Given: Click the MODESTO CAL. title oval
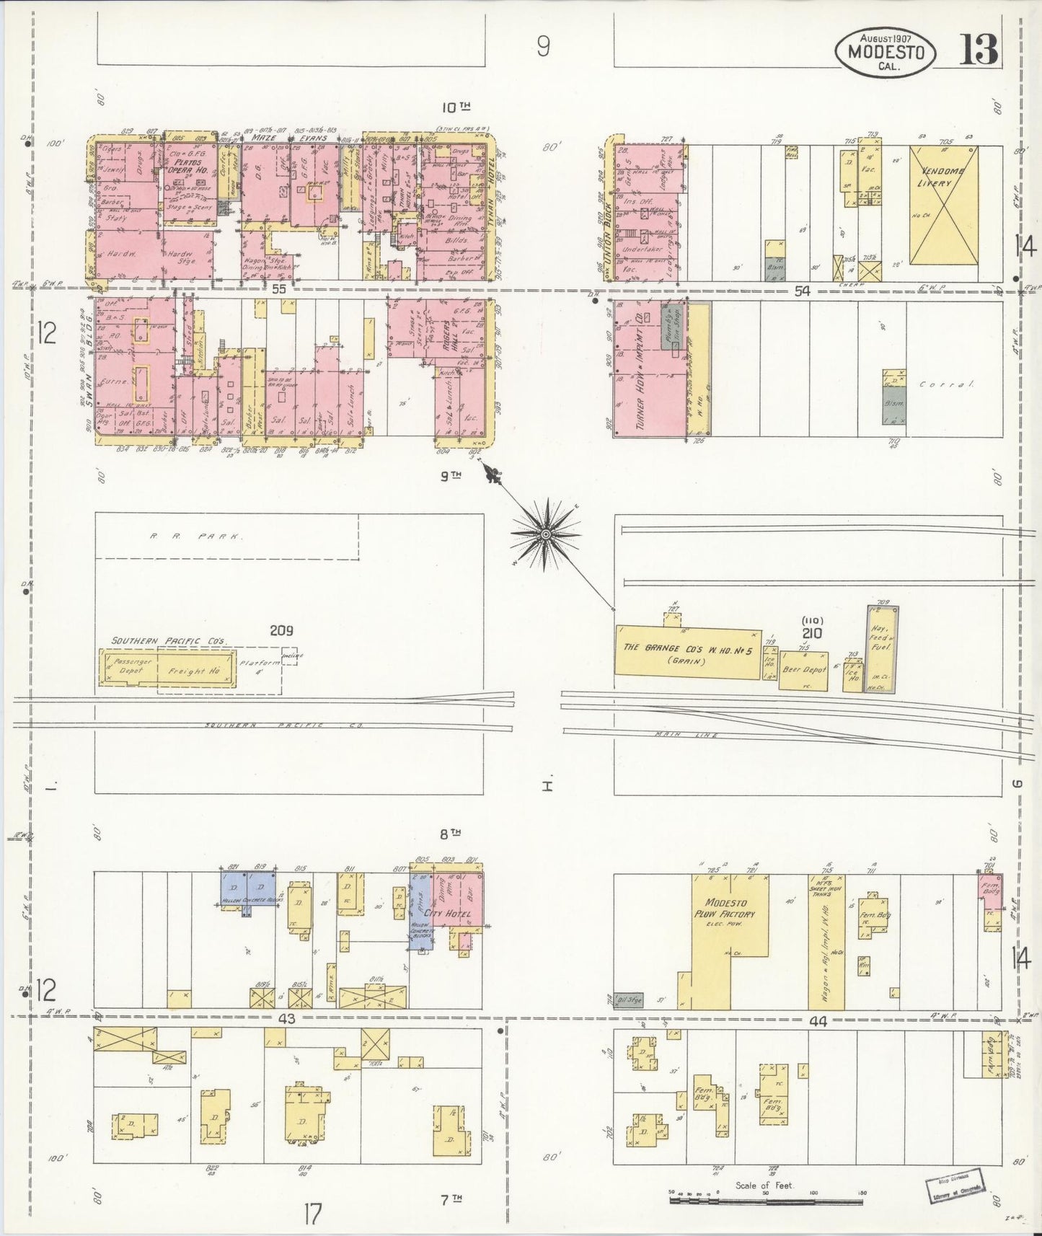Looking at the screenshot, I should [886, 52].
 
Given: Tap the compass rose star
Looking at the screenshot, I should [546, 534].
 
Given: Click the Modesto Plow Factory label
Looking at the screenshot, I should [730, 909].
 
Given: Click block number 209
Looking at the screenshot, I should [281, 630].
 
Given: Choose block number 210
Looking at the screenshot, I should [812, 633].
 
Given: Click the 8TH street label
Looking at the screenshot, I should [450, 834].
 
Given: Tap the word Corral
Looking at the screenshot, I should [946, 384].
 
